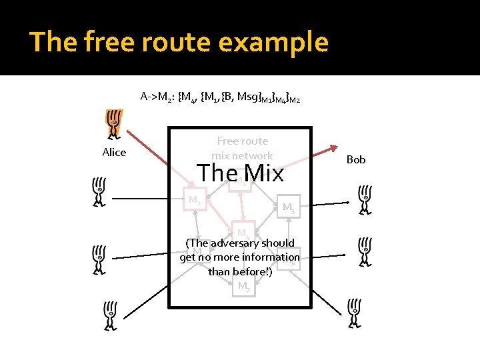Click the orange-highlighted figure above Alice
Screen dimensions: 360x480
click(114, 125)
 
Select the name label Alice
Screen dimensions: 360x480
click(114, 153)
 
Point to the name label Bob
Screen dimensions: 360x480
click(356, 160)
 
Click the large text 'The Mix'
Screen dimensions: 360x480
click(240, 173)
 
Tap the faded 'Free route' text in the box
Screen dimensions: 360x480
click(242, 141)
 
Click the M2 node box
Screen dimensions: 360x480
click(195, 200)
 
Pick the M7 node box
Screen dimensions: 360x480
click(244, 287)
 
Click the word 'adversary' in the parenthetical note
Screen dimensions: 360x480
click(234, 243)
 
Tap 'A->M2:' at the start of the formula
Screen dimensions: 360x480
click(157, 96)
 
